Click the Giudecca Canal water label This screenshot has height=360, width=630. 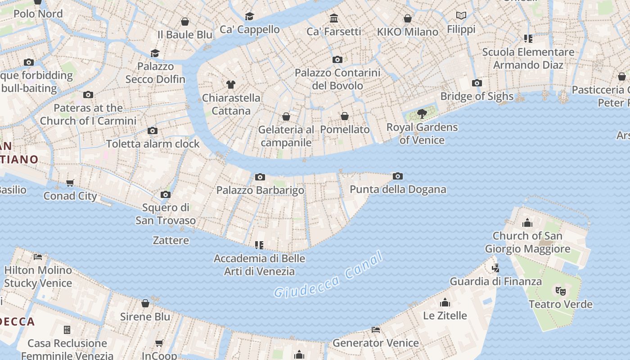(x=328, y=275)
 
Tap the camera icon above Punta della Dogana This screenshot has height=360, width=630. (x=397, y=176)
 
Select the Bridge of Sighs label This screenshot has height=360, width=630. (x=477, y=96)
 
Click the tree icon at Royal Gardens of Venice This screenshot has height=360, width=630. (x=422, y=113)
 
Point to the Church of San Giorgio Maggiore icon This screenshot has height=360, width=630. (x=527, y=223)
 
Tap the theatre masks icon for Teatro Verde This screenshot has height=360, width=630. (x=560, y=291)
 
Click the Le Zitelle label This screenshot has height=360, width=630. (x=445, y=315)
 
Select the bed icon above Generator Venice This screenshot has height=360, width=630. (x=376, y=330)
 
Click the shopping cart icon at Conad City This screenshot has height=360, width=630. (x=70, y=183)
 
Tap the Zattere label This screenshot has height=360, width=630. (x=171, y=240)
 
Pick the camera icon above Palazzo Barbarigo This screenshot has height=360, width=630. (x=260, y=177)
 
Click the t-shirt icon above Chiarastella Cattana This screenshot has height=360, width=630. (x=231, y=84)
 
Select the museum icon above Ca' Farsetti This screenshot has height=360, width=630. (x=334, y=18)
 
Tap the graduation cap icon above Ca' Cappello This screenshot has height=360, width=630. (x=249, y=16)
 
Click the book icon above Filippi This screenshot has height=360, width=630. (x=461, y=16)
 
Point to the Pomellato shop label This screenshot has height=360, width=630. (x=345, y=130)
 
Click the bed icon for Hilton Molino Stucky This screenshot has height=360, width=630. (x=38, y=257)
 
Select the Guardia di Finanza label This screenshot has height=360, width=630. (x=495, y=282)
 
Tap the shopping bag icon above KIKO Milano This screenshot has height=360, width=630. (x=407, y=18)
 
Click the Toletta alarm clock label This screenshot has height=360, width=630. (x=153, y=144)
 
